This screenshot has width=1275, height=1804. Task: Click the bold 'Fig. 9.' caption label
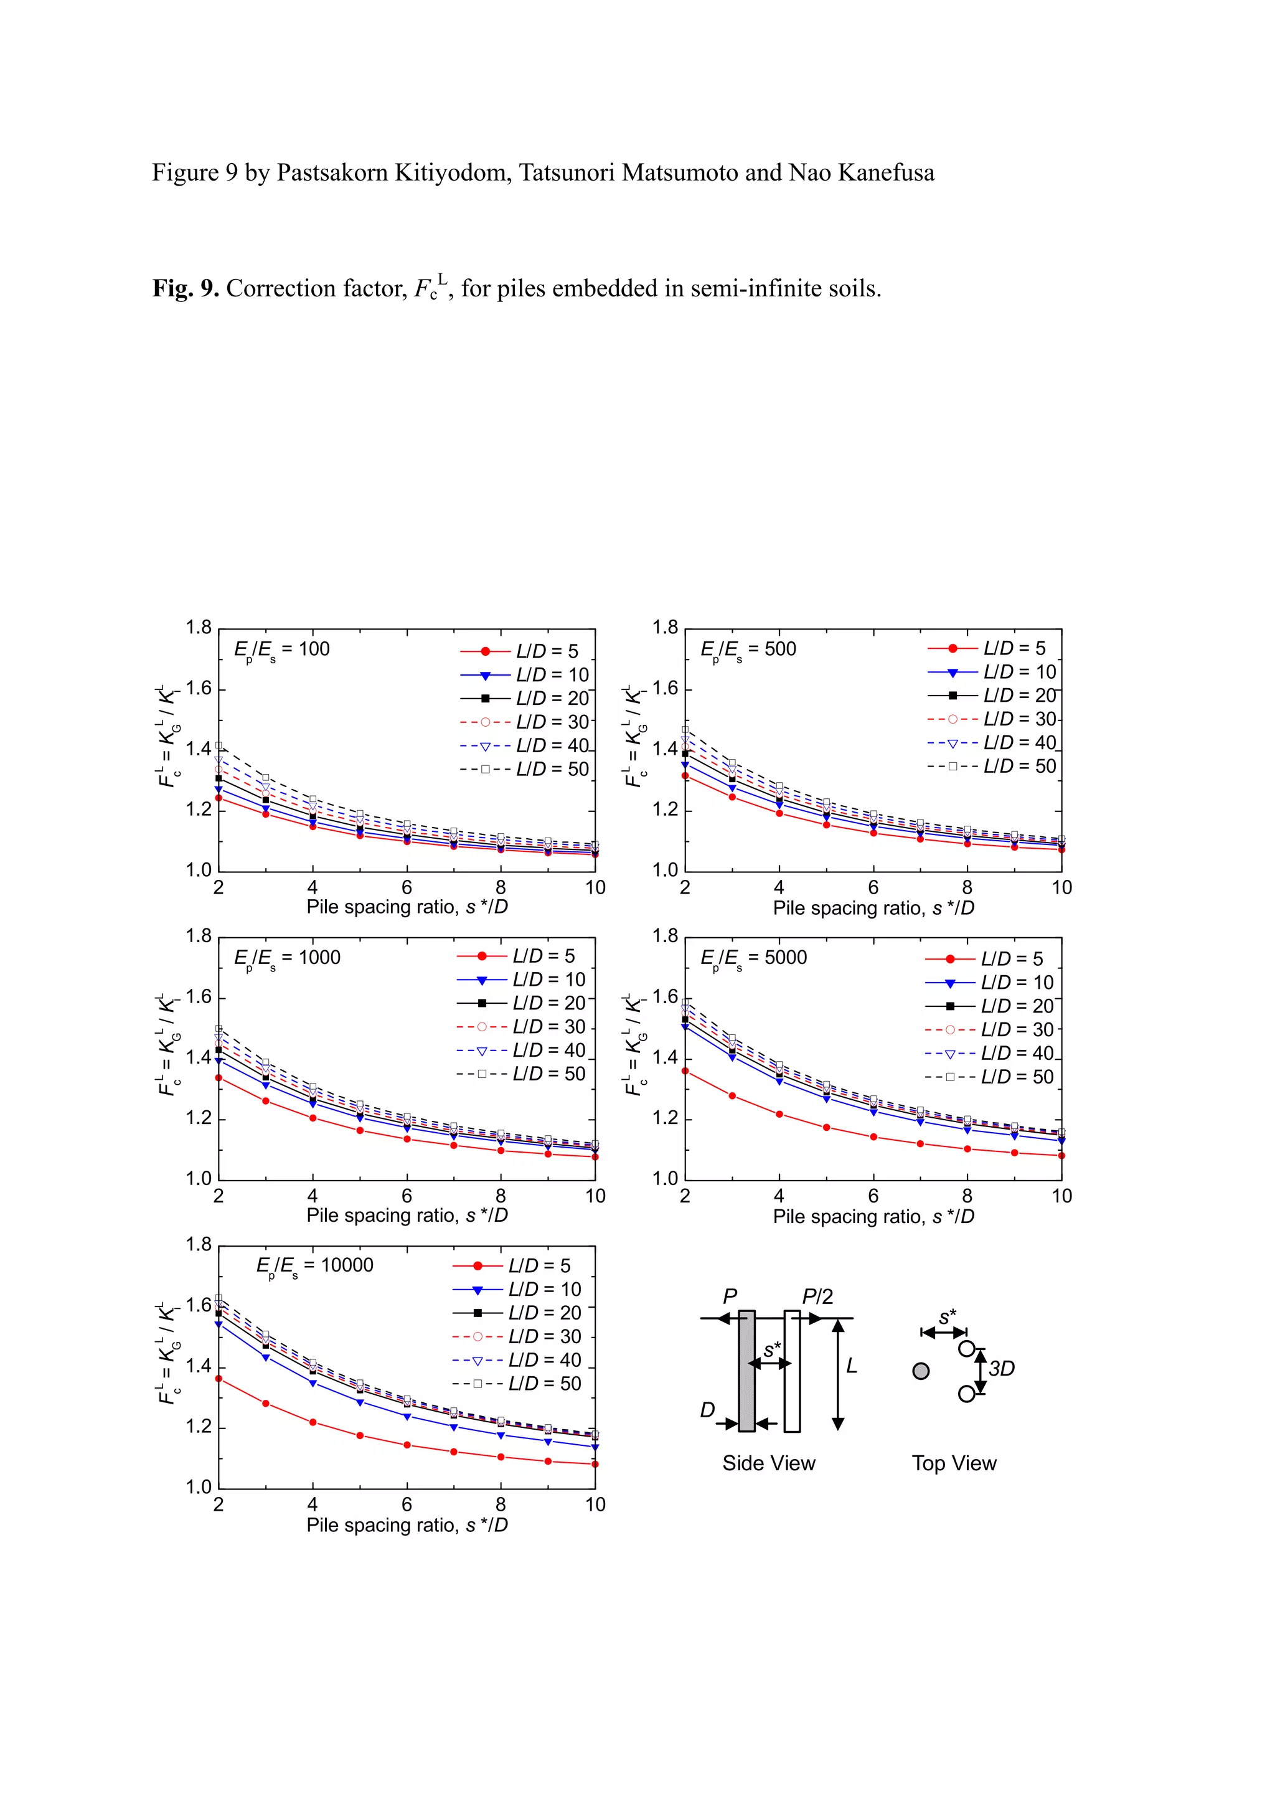tap(186, 289)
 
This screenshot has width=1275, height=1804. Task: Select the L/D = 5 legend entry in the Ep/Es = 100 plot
tap(519, 651)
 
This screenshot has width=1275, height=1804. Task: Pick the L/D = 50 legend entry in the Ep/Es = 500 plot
tap(991, 766)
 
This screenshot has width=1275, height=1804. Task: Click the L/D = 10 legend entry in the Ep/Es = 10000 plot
tap(517, 1290)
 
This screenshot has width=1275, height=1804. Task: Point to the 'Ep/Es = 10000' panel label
tap(314, 1266)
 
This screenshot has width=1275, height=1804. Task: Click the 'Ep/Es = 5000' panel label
tap(753, 958)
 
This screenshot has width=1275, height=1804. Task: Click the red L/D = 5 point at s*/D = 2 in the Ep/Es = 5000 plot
tap(685, 1071)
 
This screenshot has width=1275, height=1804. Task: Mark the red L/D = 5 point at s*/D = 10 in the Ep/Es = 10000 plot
tap(595, 1464)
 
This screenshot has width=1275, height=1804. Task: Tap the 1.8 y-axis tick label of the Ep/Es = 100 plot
tap(199, 628)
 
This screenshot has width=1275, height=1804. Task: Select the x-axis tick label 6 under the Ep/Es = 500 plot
tap(873, 888)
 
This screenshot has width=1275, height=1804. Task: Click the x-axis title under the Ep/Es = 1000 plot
tap(407, 1216)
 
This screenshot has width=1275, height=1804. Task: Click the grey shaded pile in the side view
tap(746, 1371)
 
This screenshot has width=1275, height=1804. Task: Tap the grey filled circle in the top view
tap(921, 1371)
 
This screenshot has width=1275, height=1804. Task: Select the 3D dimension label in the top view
tap(1002, 1369)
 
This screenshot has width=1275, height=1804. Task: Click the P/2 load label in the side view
tap(817, 1296)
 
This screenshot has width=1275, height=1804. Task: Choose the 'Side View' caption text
tap(768, 1463)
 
